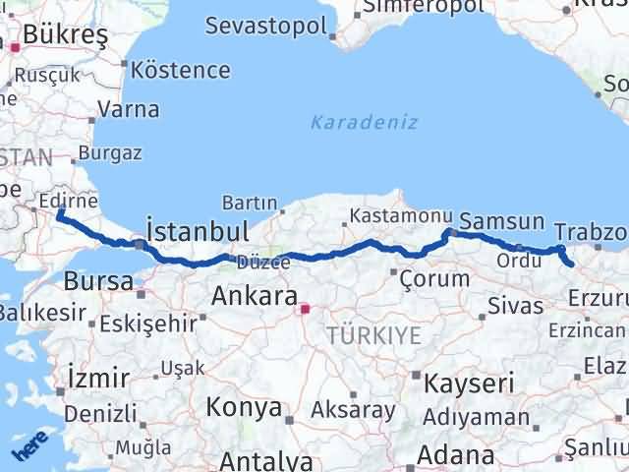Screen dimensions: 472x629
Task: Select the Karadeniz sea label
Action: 365,123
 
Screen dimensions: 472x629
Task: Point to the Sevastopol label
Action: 265,26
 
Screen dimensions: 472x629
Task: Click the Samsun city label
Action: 501,222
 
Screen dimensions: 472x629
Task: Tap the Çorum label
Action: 434,279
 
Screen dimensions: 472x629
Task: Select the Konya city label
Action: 244,408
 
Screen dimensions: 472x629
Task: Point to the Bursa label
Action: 98,281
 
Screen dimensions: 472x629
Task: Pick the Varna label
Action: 128,110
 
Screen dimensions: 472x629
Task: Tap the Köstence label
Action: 181,71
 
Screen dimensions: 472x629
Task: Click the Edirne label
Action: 65,201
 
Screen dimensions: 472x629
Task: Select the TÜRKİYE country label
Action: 373,336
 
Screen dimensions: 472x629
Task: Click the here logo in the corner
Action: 29,449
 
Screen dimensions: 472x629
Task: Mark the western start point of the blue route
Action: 60,213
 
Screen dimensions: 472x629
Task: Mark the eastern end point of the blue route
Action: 571,264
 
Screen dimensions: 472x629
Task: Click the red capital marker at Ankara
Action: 305,309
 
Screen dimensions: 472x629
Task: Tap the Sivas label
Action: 517,307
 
